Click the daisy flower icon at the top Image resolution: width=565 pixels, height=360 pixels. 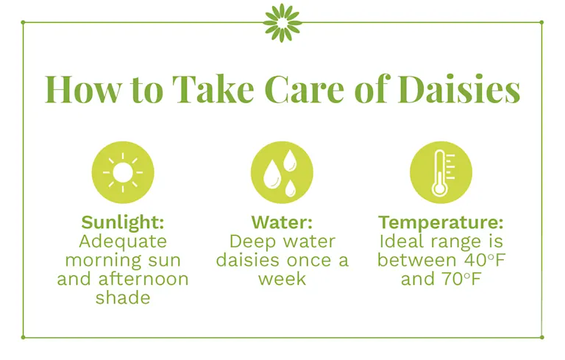pos(282,22)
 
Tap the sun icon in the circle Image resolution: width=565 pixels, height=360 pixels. pos(123,172)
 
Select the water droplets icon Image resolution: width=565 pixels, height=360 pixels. pos(282,172)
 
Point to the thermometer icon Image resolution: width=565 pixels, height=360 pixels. pos(441,172)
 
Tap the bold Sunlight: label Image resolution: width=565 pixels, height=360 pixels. pos(123,222)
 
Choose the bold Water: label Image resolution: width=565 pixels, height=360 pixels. pos(282,222)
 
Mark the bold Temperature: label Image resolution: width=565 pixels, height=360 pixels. pos(441,222)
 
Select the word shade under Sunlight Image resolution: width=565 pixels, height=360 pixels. pos(122,298)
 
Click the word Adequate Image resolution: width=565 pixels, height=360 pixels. pos(123,241)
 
